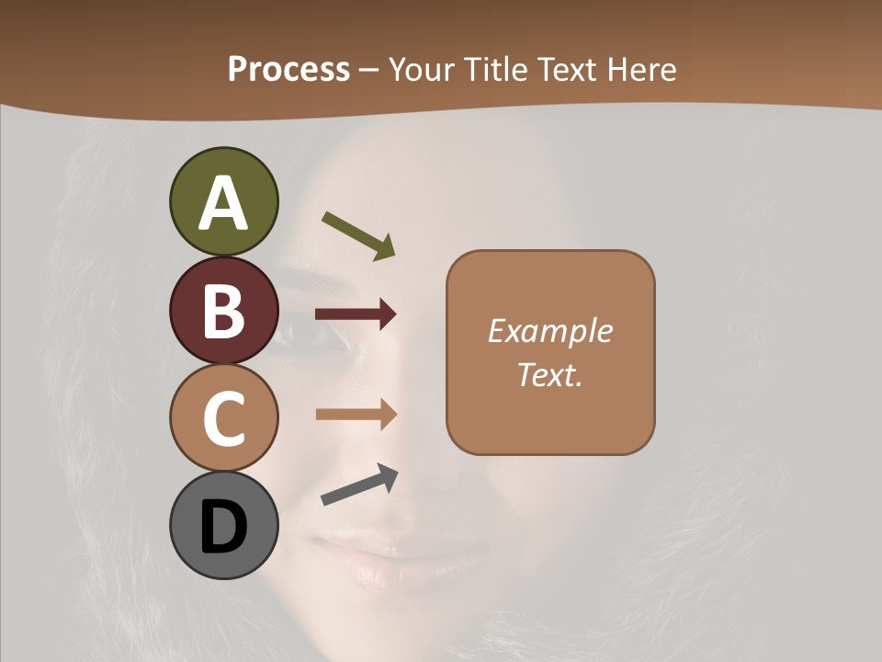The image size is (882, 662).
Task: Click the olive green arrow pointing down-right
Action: pyautogui.click(x=359, y=235)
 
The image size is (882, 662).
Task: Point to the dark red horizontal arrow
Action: pyautogui.click(x=356, y=314)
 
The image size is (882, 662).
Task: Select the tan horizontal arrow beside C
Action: pyautogui.click(x=356, y=415)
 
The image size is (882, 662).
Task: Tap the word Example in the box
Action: pyautogui.click(x=550, y=331)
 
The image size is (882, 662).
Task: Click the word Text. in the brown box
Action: pyautogui.click(x=549, y=374)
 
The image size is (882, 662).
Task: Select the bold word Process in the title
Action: pyautogui.click(x=288, y=69)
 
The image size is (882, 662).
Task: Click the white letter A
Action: pyautogui.click(x=223, y=204)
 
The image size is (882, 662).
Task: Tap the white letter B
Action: pyautogui.click(x=223, y=311)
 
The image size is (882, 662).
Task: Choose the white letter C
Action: pyautogui.click(x=223, y=418)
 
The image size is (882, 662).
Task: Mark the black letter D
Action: pyautogui.click(x=223, y=527)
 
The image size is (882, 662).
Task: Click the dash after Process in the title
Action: pyautogui.click(x=369, y=70)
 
